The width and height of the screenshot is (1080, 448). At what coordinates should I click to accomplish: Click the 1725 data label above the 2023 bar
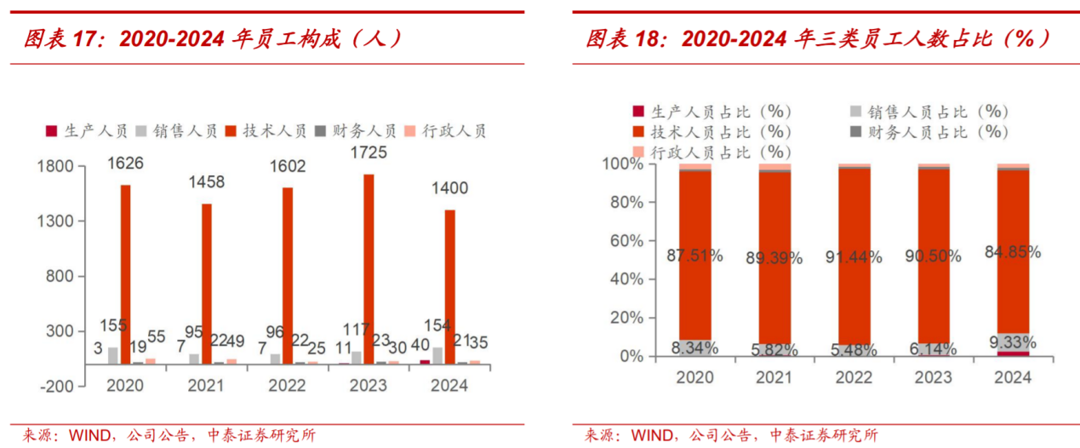point(369,153)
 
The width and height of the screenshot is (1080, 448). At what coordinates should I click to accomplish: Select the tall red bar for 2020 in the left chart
point(125,273)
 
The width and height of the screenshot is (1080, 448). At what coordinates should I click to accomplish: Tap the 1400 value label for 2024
point(449,188)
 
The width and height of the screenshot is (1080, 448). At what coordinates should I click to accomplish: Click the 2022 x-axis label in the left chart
point(287,386)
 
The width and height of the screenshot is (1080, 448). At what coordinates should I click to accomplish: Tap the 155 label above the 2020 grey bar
point(113,325)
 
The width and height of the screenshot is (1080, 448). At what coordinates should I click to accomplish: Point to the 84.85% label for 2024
point(1013,252)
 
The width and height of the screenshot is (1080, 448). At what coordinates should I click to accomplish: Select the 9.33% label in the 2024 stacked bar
point(1013,342)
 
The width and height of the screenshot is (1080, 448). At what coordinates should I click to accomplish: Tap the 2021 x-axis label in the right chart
point(774,377)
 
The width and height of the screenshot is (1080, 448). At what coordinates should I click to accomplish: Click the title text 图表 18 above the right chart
point(627,38)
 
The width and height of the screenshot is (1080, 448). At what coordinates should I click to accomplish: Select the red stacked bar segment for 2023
point(933,256)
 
